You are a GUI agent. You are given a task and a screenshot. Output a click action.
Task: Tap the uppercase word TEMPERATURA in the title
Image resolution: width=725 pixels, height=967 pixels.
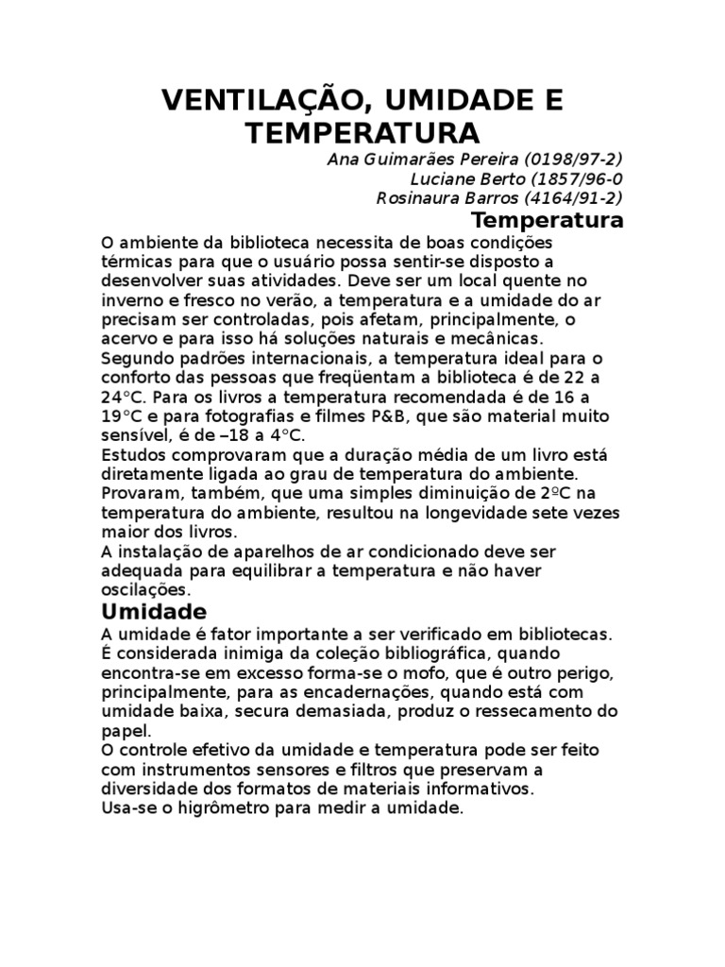click(363, 132)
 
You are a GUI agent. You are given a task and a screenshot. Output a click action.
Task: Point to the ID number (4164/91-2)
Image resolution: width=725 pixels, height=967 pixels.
click(569, 198)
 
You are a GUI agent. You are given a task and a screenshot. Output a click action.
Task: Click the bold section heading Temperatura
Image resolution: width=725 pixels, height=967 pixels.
click(548, 221)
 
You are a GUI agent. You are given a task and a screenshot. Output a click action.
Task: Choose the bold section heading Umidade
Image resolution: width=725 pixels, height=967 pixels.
click(153, 612)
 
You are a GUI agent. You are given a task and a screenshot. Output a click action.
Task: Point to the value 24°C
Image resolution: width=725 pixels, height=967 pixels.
click(122, 397)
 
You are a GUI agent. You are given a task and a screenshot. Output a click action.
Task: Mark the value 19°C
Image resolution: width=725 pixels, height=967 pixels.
click(122, 416)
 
